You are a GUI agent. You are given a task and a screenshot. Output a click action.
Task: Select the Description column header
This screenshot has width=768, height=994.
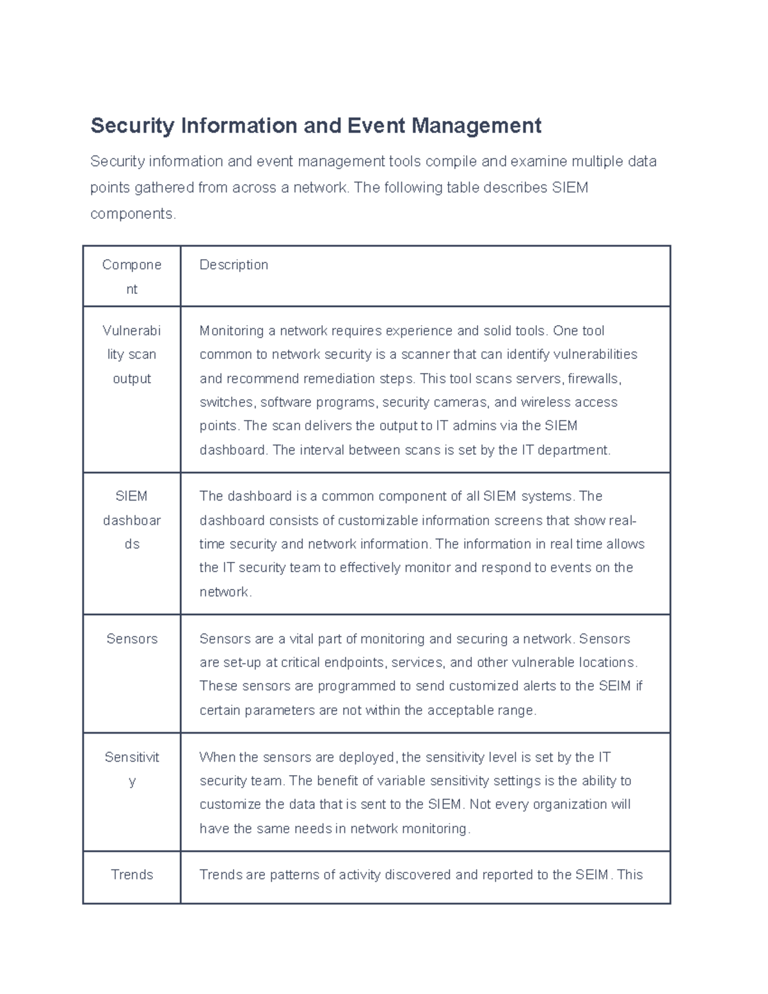coord(234,265)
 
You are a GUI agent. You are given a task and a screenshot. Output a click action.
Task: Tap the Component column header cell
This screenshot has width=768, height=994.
coord(132,277)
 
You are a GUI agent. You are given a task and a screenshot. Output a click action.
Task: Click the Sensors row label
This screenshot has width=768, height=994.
coord(132,639)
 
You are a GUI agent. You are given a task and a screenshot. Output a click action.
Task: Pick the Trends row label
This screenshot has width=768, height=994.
coord(132,875)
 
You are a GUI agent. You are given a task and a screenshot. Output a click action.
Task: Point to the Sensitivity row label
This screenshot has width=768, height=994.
coord(132,769)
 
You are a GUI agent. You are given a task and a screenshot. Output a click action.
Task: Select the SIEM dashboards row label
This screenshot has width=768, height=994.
coord(132,520)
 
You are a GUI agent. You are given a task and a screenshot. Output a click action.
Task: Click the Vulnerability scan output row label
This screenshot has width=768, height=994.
coord(132,355)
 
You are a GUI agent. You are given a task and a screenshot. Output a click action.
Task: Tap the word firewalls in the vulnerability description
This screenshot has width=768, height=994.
coord(594,379)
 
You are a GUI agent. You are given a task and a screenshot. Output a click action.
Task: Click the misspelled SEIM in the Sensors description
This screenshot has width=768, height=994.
coord(615,686)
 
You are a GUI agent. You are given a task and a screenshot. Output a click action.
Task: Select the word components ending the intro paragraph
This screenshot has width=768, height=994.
coord(132,214)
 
